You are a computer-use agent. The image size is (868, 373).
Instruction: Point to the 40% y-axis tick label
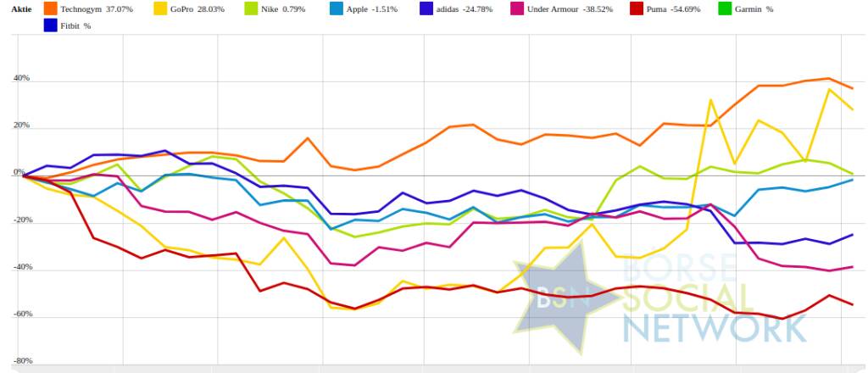pos(20,79)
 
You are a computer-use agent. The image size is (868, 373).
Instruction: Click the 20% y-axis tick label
pos(20,125)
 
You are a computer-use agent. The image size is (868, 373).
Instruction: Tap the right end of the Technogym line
pos(852,88)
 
